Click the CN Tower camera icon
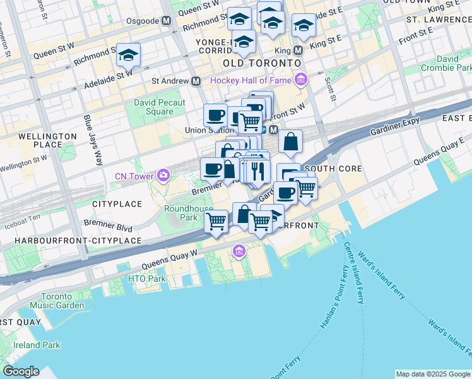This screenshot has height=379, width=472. pos(164,175)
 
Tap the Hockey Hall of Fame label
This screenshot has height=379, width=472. pos(251,80)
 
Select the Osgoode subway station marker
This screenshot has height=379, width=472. pos(166,21)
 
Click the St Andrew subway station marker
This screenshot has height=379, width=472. pos(196,81)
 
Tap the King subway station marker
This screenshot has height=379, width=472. pos(298,49)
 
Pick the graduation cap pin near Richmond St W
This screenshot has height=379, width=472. pos(129,56)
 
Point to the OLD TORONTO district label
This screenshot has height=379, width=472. pos(261,64)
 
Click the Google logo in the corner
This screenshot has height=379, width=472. pos(21,371)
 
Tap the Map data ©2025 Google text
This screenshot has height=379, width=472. pos(432,374)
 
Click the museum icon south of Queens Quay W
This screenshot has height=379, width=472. pos(239,253)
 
